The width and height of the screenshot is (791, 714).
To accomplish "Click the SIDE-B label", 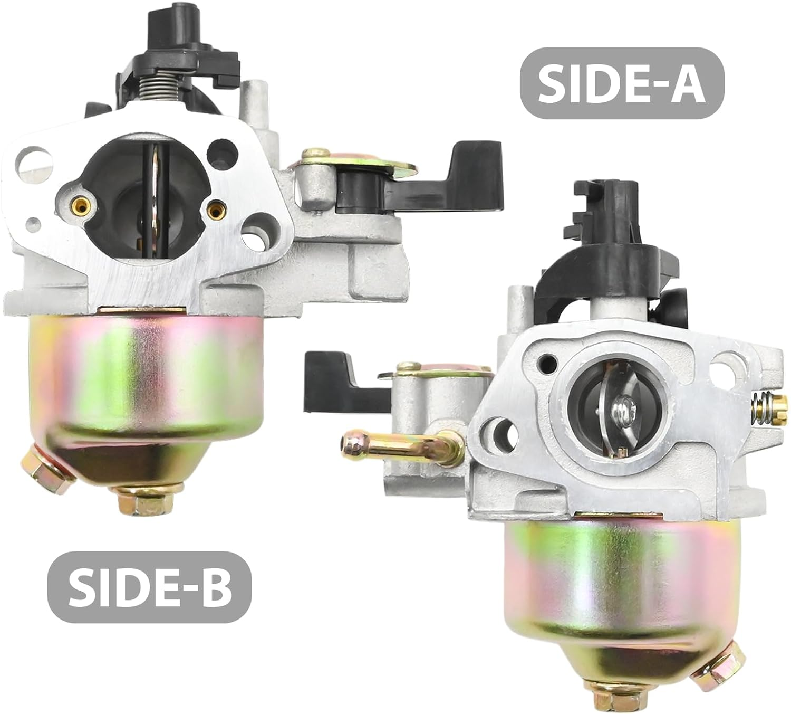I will (x=150, y=587).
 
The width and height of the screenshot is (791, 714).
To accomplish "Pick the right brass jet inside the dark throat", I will (x=215, y=211).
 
